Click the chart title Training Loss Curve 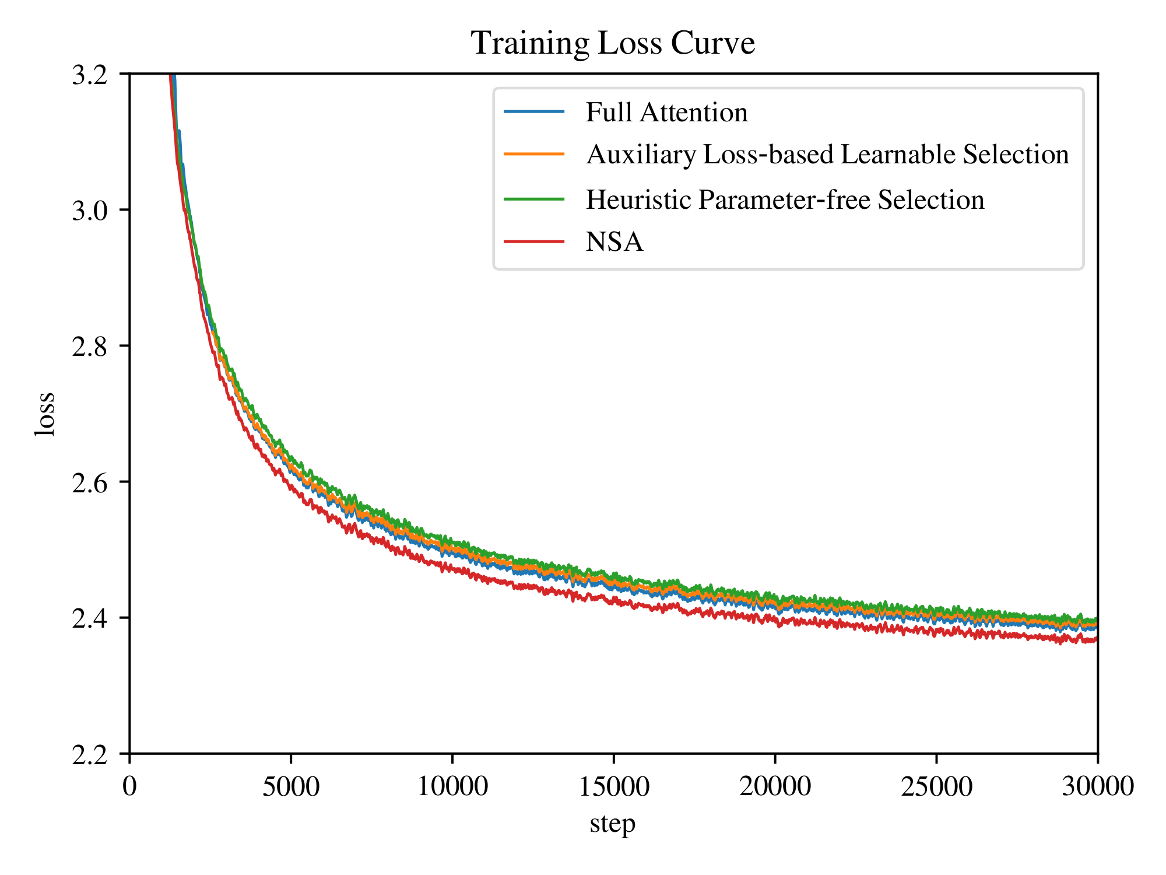pyautogui.click(x=613, y=43)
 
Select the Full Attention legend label pyautogui.click(x=666, y=112)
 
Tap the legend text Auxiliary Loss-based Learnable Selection pyautogui.click(x=827, y=155)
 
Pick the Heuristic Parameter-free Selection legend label pyautogui.click(x=785, y=199)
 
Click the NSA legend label pyautogui.click(x=614, y=242)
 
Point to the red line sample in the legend pyautogui.click(x=534, y=242)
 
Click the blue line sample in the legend pyautogui.click(x=534, y=111)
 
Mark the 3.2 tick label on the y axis pyautogui.click(x=90, y=75)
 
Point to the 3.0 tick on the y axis pyautogui.click(x=90, y=211)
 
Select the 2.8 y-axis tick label pyautogui.click(x=90, y=346)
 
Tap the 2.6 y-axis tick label pyautogui.click(x=90, y=482)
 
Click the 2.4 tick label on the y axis pyautogui.click(x=90, y=618)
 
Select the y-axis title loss pyautogui.click(x=45, y=414)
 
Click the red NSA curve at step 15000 pyautogui.click(x=613, y=601)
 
